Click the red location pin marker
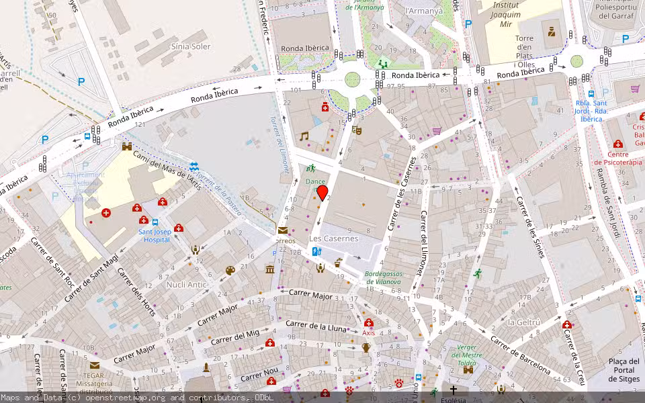(322, 193)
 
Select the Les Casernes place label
(334, 238)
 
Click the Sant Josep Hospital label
(155, 236)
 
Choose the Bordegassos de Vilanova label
(384, 277)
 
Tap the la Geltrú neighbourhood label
(524, 322)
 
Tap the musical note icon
(304, 136)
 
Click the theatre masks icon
(357, 130)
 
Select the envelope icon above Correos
(282, 230)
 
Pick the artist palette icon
(230, 271)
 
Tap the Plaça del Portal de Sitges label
(623, 370)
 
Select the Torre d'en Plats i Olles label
(524, 48)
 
